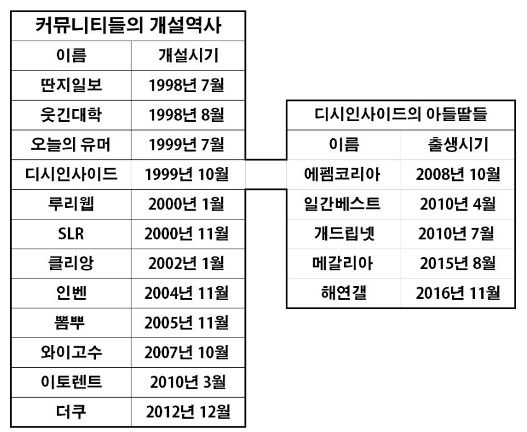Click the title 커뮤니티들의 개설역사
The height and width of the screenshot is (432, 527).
pyautogui.click(x=128, y=26)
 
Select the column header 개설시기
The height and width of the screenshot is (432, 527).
pyautogui.click(x=189, y=55)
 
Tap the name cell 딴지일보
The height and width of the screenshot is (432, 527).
pyautogui.click(x=71, y=85)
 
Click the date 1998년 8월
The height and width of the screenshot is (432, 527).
pyautogui.click(x=187, y=115)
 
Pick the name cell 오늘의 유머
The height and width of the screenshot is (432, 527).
pyautogui.click(x=70, y=145)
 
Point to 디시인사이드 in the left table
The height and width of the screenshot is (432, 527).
pyautogui.click(x=71, y=174)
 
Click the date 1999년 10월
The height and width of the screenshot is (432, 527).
pyautogui.click(x=187, y=174)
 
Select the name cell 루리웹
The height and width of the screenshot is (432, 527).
pyautogui.click(x=71, y=204)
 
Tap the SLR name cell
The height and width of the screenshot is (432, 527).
pyautogui.click(x=71, y=233)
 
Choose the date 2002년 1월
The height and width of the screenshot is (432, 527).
pyautogui.click(x=187, y=263)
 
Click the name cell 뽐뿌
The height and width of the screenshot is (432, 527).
pyautogui.click(x=70, y=323)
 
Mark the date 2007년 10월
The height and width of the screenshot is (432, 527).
pyautogui.click(x=187, y=353)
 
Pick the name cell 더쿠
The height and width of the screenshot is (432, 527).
pyautogui.click(x=71, y=412)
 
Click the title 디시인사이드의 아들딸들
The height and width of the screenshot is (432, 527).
pyautogui.click(x=401, y=114)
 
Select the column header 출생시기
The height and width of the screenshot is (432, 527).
pyautogui.click(x=458, y=145)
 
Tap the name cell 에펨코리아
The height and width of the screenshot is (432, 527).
pyautogui.click(x=342, y=174)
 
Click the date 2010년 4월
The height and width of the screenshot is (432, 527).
pyautogui.click(x=458, y=204)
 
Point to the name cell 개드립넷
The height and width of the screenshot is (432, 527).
pyautogui.click(x=344, y=233)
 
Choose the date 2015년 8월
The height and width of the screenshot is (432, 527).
pyautogui.click(x=458, y=263)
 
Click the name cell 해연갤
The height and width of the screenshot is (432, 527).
pyautogui.click(x=344, y=292)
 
